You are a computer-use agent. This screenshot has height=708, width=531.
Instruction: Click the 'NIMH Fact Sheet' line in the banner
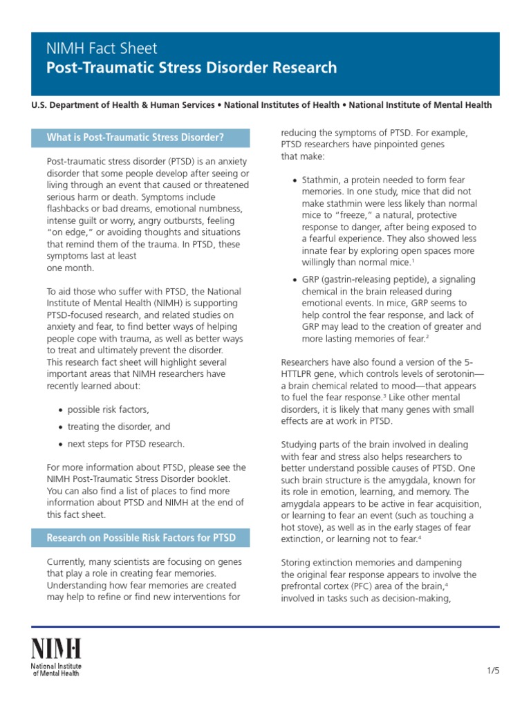(102, 48)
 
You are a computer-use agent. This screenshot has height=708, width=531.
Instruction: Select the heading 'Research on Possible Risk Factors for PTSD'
(140, 538)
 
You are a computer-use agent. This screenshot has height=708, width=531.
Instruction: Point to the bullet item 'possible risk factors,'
(108, 410)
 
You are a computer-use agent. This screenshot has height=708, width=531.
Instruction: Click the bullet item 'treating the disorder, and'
(118, 427)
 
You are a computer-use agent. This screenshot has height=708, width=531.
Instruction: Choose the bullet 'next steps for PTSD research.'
(126, 444)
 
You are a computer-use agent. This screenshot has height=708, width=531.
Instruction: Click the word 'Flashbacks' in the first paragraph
(70, 208)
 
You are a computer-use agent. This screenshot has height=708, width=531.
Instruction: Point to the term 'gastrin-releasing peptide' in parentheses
(374, 279)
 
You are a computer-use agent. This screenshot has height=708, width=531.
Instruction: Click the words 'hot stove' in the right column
(302, 527)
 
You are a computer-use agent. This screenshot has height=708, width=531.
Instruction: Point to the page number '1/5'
(492, 671)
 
